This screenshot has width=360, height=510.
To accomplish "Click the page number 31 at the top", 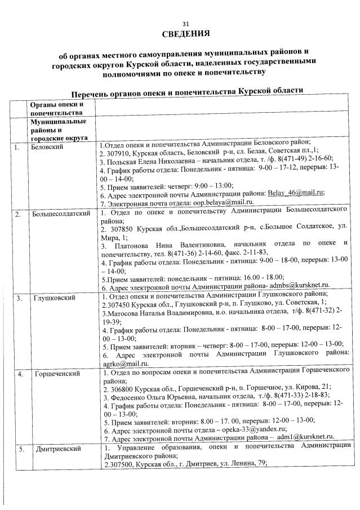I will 186,23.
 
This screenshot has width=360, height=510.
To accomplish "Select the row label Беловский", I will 47,147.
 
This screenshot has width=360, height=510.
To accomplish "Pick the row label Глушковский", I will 52,297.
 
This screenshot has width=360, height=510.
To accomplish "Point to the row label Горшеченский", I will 55,374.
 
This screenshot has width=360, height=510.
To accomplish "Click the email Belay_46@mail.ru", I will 297,192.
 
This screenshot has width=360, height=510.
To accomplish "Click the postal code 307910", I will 117,151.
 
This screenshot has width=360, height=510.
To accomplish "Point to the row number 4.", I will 20,374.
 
